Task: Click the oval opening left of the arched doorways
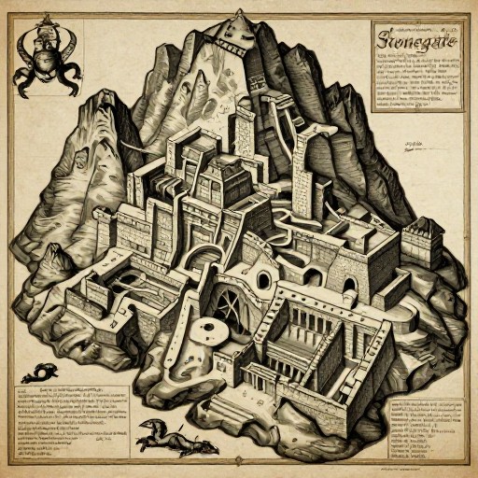tap(264, 279)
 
